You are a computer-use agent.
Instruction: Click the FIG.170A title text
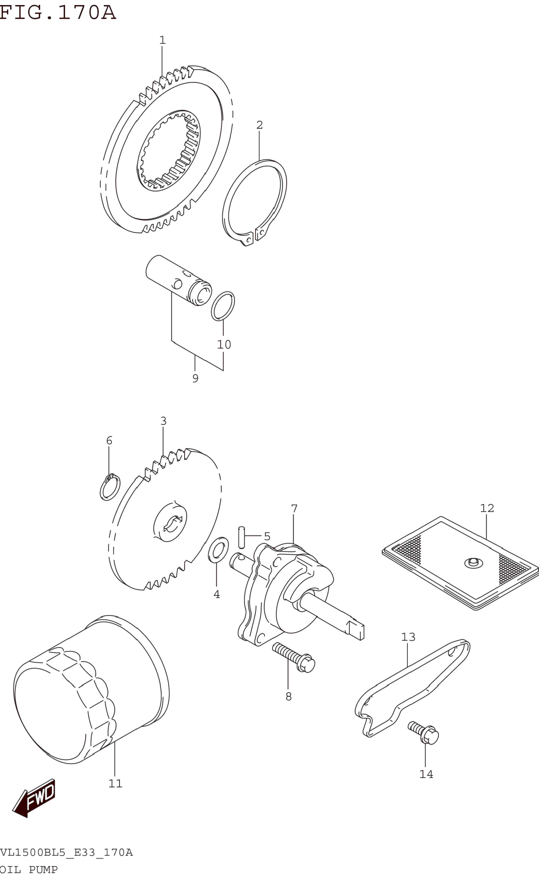click(x=58, y=13)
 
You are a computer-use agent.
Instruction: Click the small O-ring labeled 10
click(x=223, y=306)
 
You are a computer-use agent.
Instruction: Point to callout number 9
click(x=195, y=378)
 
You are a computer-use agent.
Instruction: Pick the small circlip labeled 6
click(x=110, y=487)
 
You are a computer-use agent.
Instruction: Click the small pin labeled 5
click(x=242, y=537)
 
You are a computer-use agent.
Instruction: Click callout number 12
click(x=487, y=508)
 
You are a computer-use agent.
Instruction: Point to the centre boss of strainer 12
click(x=473, y=563)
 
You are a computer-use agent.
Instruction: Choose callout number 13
click(x=408, y=637)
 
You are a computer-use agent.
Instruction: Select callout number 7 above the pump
click(x=294, y=509)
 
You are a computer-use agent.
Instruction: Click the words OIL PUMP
click(x=29, y=870)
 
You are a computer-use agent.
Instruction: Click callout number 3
click(x=163, y=421)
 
